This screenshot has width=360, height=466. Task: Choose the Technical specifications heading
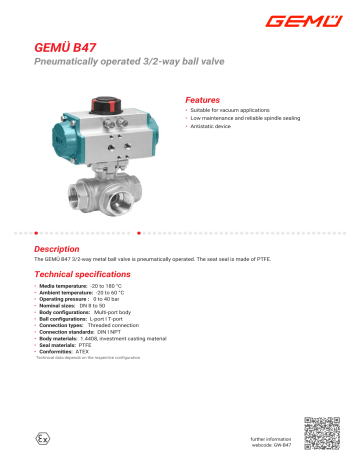coord(87,273)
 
